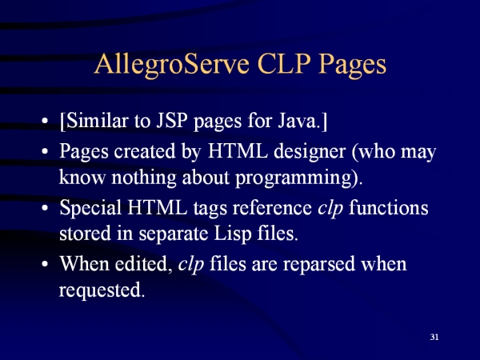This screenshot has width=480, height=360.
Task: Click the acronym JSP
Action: pos(171,120)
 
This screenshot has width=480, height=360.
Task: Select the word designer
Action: pos(310,151)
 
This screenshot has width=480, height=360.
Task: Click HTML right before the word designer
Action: pos(238,151)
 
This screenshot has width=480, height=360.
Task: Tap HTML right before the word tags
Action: pos(158,207)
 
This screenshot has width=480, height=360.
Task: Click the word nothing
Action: pos(144,178)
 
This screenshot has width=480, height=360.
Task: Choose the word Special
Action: pos(90,208)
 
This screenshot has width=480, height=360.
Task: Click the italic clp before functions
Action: pos(330,208)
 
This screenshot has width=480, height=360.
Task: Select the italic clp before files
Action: pos(191,264)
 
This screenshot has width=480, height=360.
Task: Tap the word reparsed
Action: pos(318,265)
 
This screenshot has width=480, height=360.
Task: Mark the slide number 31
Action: pos(434,337)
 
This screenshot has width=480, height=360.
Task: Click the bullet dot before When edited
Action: pos(45,264)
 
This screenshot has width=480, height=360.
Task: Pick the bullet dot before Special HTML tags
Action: pos(45,208)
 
